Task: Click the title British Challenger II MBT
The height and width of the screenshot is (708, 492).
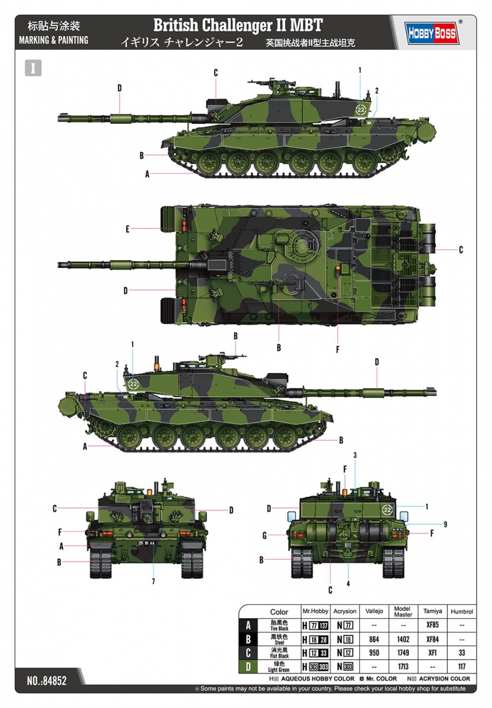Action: point(238,25)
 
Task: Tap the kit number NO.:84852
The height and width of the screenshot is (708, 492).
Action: point(47,680)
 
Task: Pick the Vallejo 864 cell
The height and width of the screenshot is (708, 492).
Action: point(374,639)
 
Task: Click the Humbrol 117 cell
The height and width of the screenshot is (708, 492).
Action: point(462,667)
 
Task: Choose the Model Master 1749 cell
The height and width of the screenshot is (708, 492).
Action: point(403,653)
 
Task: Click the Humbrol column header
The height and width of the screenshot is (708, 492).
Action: point(462,612)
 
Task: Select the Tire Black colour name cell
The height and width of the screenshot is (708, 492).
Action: point(279,625)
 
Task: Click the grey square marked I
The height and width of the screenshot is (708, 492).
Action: point(34,67)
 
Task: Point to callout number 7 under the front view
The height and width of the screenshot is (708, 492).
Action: point(153,581)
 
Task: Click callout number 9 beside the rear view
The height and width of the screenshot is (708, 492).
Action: point(445,523)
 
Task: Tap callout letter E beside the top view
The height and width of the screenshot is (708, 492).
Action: point(127,228)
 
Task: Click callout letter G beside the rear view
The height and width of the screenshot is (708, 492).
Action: point(264,535)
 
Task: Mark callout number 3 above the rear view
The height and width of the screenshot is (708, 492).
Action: point(355,455)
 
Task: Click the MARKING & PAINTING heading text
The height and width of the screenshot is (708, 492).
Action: point(54,40)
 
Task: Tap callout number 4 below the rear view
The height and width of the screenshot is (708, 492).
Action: point(348,584)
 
